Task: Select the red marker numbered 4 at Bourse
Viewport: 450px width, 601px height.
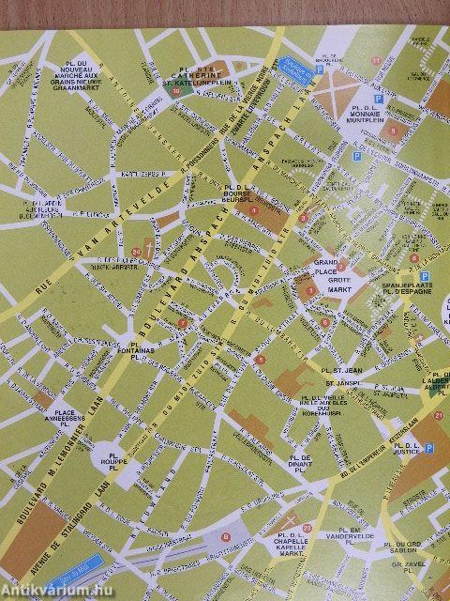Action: (253, 209)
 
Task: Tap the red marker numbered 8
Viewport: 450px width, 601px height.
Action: (225, 537)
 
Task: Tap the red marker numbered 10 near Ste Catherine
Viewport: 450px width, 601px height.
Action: (175, 91)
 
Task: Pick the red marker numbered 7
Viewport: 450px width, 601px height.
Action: (182, 326)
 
